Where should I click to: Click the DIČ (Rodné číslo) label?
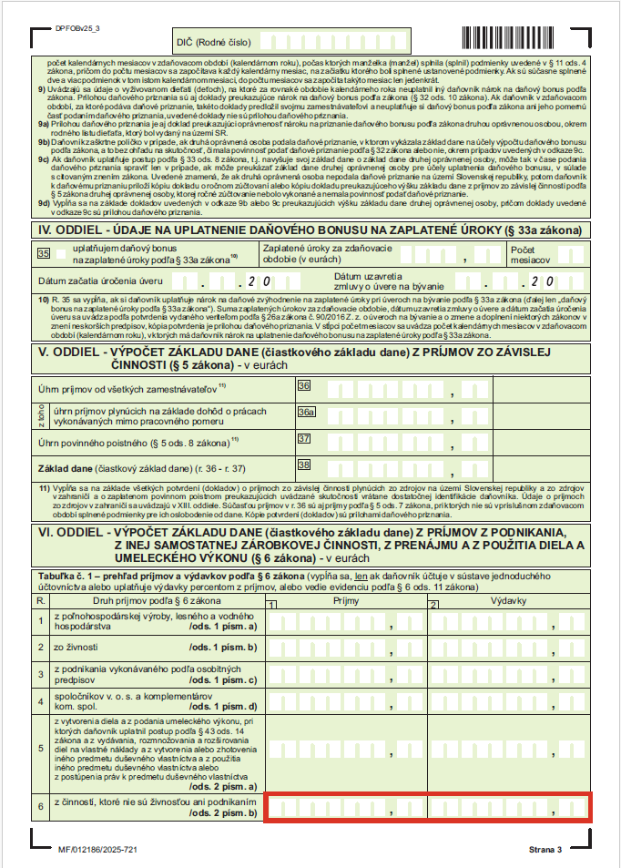click(214, 41)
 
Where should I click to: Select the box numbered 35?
click(43, 254)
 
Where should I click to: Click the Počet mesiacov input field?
click(571, 254)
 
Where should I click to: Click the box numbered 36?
click(304, 386)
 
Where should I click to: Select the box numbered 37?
click(304, 438)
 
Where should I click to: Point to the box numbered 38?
click(304, 465)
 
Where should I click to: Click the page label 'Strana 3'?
click(545, 850)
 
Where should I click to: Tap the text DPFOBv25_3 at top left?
click(77, 30)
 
